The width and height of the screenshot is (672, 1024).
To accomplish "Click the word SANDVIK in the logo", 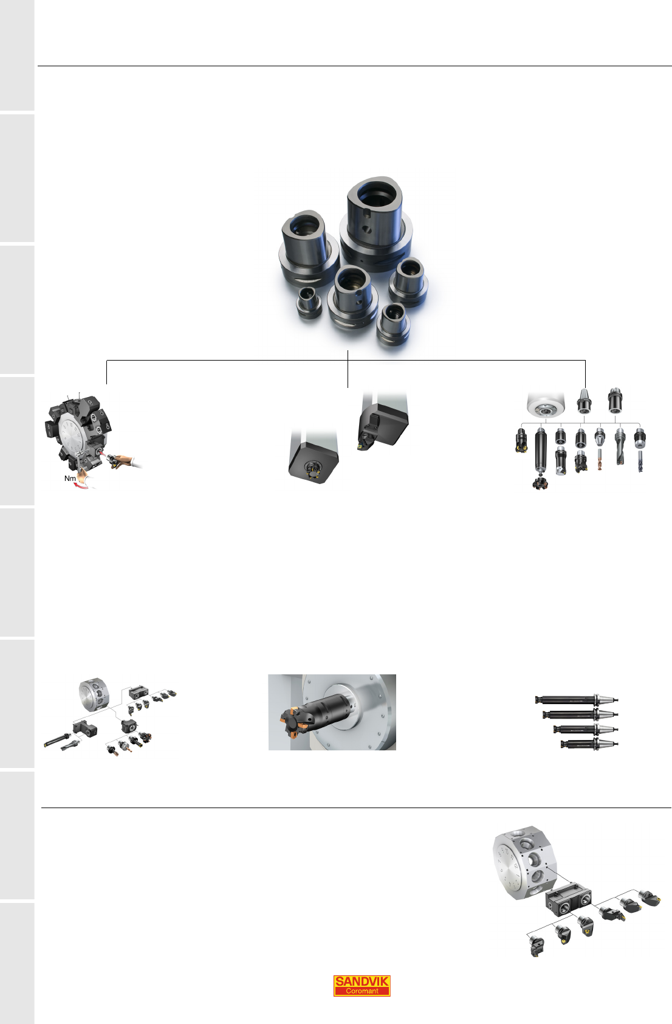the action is (x=362, y=981).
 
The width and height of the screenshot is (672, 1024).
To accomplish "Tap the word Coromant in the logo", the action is (x=362, y=991).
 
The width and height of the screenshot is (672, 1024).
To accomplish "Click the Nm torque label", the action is (x=70, y=478).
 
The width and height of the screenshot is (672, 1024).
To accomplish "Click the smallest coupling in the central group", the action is (x=309, y=303).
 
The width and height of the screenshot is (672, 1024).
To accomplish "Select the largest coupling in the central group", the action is (x=375, y=223).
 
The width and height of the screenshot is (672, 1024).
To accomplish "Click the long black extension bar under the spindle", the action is (x=540, y=454).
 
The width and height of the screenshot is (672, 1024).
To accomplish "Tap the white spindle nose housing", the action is (x=546, y=404).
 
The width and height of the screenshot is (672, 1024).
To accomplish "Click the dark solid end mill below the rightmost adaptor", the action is (x=640, y=462).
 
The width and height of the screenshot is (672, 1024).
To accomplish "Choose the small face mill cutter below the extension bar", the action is (x=540, y=483).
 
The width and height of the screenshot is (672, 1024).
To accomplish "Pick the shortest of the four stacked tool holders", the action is (x=589, y=744).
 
